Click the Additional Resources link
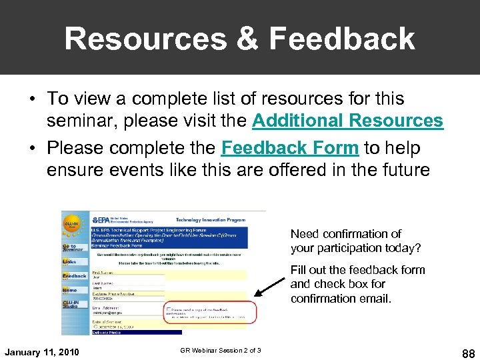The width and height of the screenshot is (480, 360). pyautogui.click(x=347, y=121)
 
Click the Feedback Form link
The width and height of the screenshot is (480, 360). pyautogui.click(x=290, y=147)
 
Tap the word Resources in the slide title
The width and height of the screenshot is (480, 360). pyautogui.click(x=145, y=39)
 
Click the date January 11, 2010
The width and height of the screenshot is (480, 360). pyautogui.click(x=41, y=351)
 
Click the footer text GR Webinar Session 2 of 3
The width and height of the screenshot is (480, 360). pyautogui.click(x=221, y=351)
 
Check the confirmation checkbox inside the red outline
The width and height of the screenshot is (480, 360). pyautogui.click(x=168, y=309)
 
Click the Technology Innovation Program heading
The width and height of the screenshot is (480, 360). pyautogui.click(x=210, y=219)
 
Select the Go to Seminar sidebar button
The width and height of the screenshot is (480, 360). pyautogui.click(x=74, y=247)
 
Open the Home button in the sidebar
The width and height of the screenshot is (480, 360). pyautogui.click(x=70, y=291)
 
